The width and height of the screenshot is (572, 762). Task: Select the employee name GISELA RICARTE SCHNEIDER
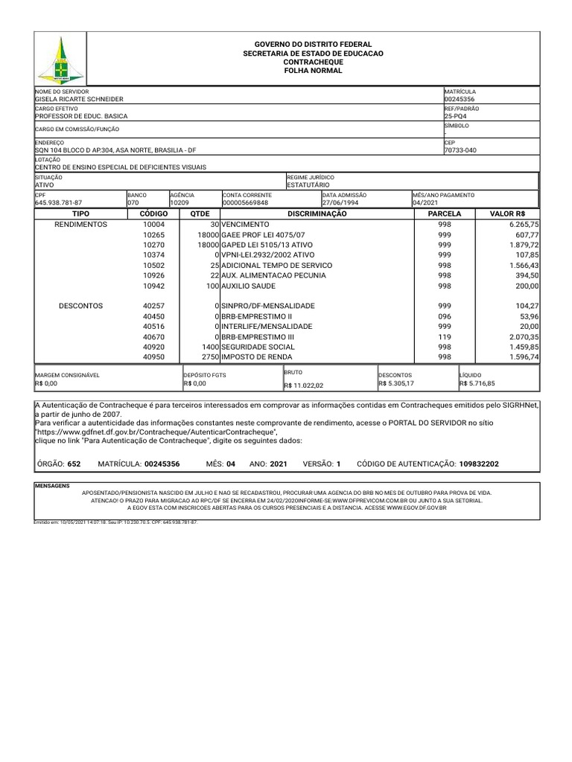pos(80,99)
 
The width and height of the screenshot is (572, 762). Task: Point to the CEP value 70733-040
pos(461,150)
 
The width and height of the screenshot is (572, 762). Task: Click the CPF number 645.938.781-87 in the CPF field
pos(59,202)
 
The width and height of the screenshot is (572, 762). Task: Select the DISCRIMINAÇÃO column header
pos(317,214)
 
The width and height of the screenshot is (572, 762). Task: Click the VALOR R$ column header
pos(508,214)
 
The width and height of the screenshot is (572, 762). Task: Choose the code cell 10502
pos(154,266)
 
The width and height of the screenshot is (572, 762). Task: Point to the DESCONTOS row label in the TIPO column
pos(81,306)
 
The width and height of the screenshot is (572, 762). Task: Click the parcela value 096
pos(445,316)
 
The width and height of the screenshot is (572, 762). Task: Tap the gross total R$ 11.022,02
pos(304,385)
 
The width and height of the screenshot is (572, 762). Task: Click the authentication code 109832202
pos(469,464)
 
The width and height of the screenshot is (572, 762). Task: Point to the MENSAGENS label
pos(52,484)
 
